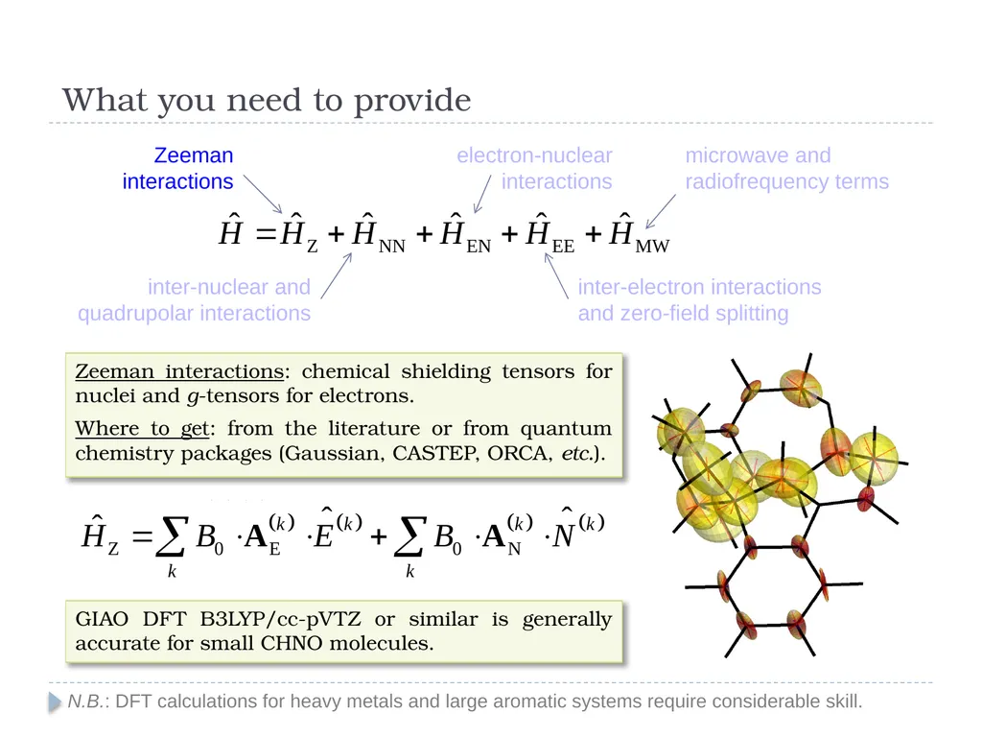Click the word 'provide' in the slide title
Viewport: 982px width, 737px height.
point(412,100)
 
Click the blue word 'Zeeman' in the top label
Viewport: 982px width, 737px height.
point(194,155)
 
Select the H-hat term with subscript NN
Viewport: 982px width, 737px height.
point(378,233)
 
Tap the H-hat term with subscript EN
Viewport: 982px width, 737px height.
point(465,233)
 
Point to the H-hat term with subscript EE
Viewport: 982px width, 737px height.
point(549,233)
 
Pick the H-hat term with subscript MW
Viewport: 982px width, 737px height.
point(639,233)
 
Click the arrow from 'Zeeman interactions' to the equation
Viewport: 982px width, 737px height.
point(263,194)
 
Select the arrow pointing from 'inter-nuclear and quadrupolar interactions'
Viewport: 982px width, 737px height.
point(337,275)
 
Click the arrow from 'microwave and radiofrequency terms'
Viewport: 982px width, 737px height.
point(661,211)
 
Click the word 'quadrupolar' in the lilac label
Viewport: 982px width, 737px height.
point(133,314)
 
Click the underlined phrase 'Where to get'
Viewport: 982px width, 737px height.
point(142,428)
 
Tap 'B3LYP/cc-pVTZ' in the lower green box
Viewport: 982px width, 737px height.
point(281,619)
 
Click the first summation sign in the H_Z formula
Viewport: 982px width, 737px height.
point(172,536)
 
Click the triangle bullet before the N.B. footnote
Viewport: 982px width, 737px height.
point(55,701)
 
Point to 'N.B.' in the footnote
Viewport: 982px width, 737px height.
point(85,701)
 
